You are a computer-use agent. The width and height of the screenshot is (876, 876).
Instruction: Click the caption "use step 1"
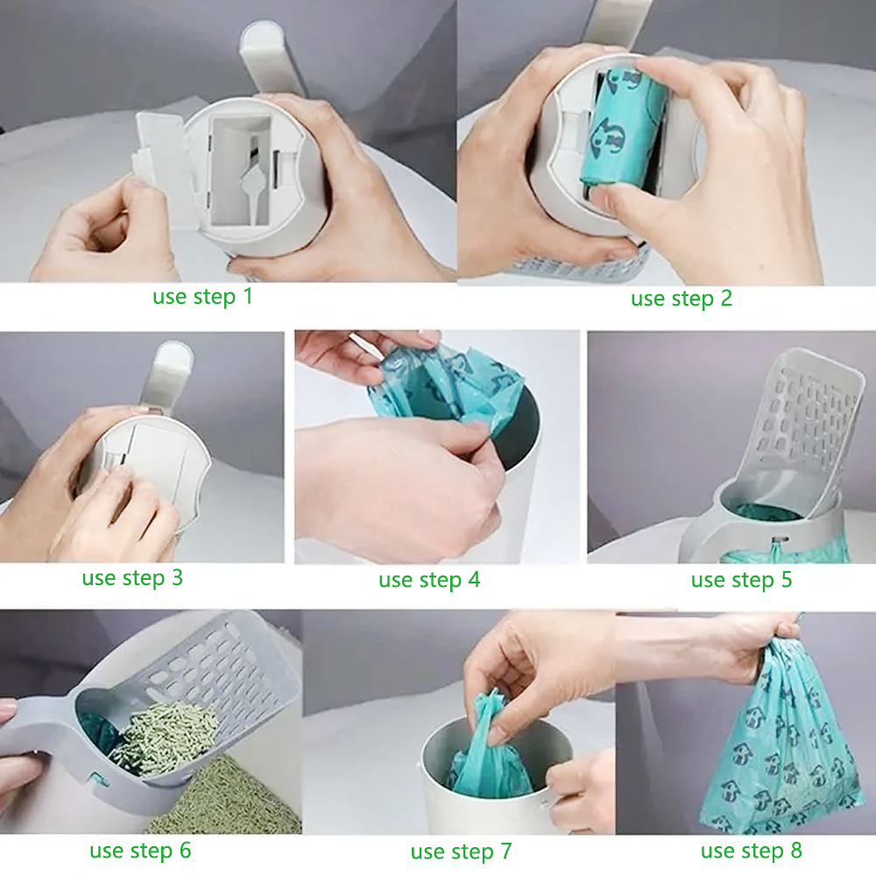coord(202,296)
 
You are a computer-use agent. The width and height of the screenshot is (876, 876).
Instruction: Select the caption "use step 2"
coord(681,299)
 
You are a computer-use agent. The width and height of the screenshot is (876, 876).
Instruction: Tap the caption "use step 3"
coord(132,578)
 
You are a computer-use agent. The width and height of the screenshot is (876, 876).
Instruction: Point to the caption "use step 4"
coord(429,580)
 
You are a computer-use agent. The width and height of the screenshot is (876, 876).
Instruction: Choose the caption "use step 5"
coord(741,580)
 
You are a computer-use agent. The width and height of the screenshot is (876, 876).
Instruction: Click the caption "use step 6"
coord(139,850)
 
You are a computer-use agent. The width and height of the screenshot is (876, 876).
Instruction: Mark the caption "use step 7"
coord(461,851)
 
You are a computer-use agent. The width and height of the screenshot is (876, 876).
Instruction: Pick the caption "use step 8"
coord(751,851)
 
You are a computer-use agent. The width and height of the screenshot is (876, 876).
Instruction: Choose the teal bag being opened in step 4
coord(447,385)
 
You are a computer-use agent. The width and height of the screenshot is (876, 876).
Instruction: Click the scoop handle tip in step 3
coord(171,359)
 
